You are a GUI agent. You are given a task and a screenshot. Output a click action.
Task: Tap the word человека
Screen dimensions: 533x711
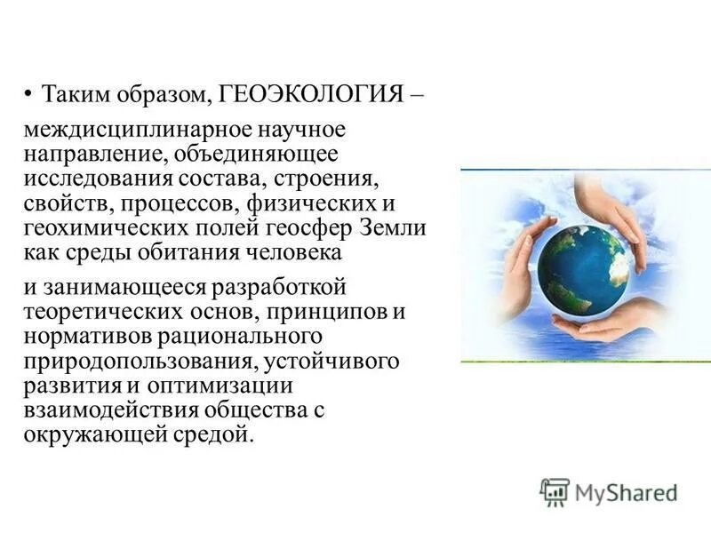tap(286, 252)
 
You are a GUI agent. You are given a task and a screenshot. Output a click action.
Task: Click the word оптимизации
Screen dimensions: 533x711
tap(233, 387)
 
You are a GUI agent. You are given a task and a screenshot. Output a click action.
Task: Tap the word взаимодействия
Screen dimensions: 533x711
tap(100, 411)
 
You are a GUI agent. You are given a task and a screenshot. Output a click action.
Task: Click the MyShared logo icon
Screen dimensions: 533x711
tap(555, 492)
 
